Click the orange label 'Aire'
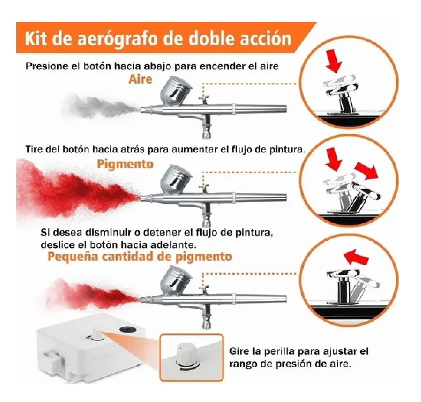click(x=140, y=79)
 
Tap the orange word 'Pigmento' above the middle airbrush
click(x=125, y=164)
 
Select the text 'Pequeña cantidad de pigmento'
click(x=140, y=256)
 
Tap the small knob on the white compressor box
click(x=95, y=335)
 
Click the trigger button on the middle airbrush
click(x=204, y=188)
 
